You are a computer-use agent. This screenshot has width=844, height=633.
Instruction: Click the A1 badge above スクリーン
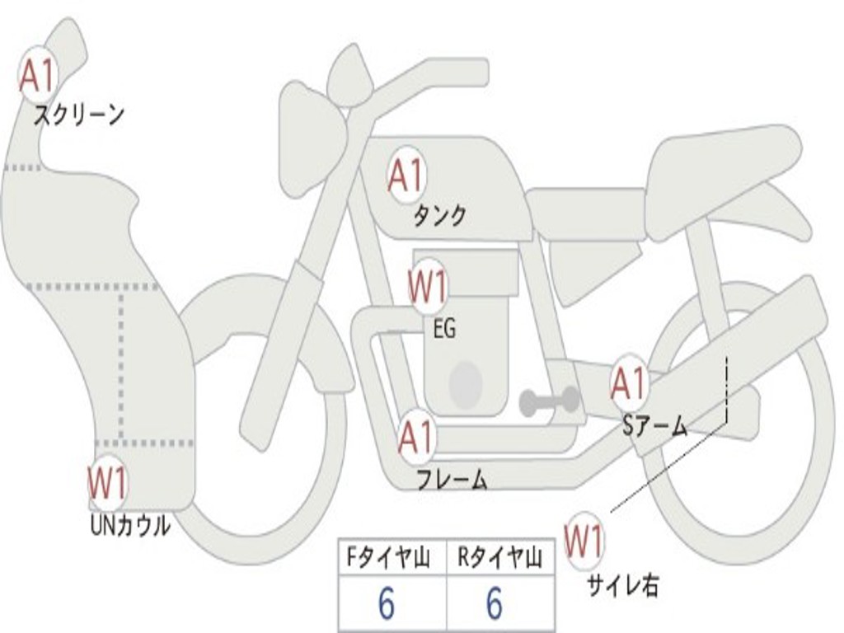[38, 75]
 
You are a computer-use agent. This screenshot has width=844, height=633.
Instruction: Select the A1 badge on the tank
[406, 176]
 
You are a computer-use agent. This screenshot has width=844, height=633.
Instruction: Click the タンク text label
[439, 215]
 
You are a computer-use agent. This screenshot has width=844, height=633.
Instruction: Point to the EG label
[443, 329]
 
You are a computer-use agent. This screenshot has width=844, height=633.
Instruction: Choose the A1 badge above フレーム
[416, 438]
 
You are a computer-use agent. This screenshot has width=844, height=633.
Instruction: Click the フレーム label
[451, 479]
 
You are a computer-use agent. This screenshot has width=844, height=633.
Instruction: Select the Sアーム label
[655, 425]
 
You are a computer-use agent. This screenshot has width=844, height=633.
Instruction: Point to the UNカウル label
[130, 525]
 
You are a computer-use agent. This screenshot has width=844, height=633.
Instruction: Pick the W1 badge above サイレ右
[584, 542]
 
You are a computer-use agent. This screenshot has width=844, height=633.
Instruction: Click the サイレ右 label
[622, 585]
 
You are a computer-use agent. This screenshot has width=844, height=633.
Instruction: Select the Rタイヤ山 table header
[500, 559]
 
